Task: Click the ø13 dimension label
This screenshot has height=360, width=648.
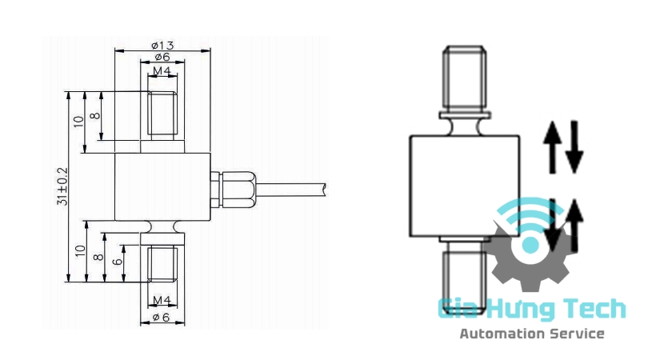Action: click(162, 45)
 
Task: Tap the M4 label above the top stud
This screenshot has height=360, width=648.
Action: click(162, 71)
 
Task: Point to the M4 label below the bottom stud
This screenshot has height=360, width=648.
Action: click(162, 300)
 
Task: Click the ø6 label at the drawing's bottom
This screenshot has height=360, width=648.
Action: click(161, 317)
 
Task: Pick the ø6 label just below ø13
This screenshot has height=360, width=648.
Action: click(162, 57)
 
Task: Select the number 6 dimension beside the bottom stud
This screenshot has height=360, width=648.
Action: click(118, 262)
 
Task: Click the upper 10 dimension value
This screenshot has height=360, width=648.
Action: click(78, 122)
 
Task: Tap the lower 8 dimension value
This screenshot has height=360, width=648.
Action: click(98, 257)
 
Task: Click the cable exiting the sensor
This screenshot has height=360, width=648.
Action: click(290, 190)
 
